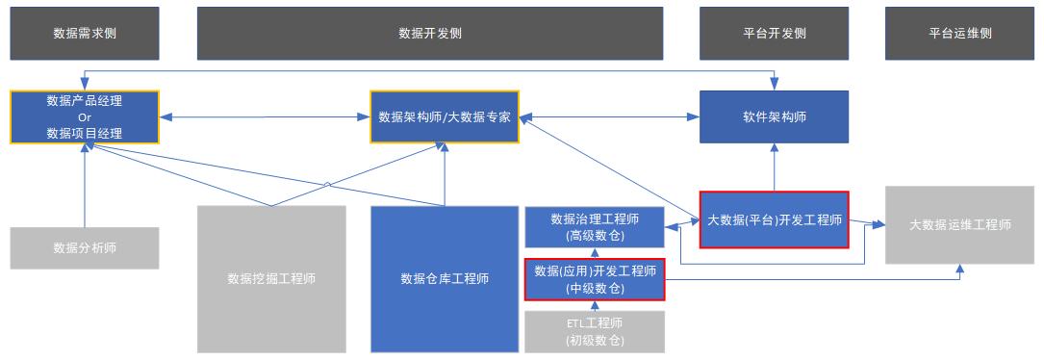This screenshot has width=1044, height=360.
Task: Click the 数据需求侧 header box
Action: coord(91,33)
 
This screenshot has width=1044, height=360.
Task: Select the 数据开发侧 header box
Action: coord(430,33)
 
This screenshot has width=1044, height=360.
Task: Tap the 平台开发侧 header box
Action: coord(774,33)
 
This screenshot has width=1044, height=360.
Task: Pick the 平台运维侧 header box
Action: coord(959,33)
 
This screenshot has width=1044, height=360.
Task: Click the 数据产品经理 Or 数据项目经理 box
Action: coord(85,116)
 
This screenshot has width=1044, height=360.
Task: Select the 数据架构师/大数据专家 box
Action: coord(445,116)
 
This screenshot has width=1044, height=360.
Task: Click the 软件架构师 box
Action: coord(774,116)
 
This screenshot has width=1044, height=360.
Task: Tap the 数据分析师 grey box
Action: coord(85,247)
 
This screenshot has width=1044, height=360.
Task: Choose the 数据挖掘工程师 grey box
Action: coord(271,278)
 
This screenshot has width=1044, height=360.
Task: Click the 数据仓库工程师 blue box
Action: coord(445,278)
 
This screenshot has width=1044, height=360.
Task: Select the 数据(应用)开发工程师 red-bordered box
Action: coord(595,279)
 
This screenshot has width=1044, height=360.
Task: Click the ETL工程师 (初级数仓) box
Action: coord(595,330)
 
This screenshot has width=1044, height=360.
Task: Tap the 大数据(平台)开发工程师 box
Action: coord(774,219)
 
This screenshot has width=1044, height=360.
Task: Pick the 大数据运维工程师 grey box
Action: coord(959,224)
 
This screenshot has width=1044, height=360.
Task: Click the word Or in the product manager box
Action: coord(85,116)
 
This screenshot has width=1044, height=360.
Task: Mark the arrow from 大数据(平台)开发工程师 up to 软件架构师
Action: coord(774,167)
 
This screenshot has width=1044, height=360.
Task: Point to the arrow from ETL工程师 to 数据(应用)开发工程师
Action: coord(595,306)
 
